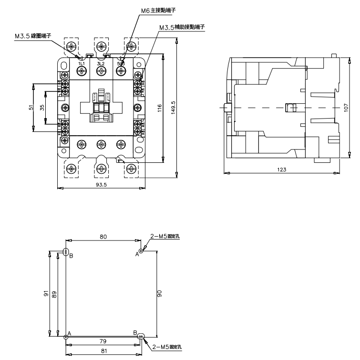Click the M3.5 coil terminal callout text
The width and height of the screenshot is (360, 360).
pos(47,35)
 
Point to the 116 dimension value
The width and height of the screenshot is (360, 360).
pos(159,108)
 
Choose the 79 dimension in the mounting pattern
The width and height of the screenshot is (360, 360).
pos(103,341)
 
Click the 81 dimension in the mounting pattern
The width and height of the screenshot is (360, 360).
pos(103,351)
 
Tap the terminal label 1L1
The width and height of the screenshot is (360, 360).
pos(81,63)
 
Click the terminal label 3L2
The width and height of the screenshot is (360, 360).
pos(101,63)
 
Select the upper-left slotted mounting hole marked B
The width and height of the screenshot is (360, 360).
pos(66,252)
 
